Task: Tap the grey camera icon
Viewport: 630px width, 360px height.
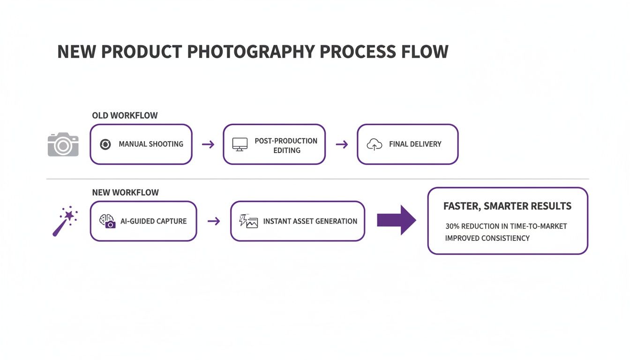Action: [63, 144]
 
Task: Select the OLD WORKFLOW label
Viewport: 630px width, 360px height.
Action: [125, 115]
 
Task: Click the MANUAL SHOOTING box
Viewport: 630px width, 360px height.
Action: [141, 144]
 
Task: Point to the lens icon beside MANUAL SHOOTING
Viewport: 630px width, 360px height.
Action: [105, 144]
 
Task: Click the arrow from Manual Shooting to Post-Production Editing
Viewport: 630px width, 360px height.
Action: [208, 144]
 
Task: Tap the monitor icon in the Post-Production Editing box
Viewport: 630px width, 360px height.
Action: [240, 144]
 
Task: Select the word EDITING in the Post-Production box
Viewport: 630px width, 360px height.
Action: [287, 150]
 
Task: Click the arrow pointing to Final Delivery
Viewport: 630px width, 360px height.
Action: [342, 144]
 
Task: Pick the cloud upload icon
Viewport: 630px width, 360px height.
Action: [374, 145]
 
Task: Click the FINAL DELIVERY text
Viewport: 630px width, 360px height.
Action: [415, 144]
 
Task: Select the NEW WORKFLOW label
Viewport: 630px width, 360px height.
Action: [125, 192]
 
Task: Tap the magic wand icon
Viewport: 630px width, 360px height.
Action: [65, 221]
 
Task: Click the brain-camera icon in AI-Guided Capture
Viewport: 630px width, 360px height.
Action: [107, 221]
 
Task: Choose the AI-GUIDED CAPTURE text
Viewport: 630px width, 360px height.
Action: [153, 221]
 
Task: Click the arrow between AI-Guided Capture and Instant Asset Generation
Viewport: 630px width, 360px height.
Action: [214, 221]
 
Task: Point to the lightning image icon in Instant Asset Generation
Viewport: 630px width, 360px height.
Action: [248, 221]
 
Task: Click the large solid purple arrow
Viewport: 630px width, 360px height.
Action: [396, 220]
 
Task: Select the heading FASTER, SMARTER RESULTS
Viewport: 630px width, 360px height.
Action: [507, 206]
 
